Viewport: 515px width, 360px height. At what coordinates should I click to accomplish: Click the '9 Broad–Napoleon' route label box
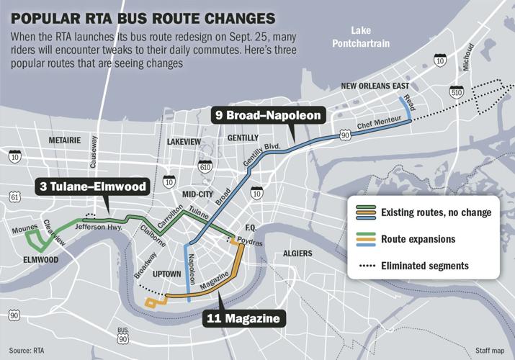click(268, 114)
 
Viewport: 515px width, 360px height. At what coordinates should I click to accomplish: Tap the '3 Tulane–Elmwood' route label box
click(92, 187)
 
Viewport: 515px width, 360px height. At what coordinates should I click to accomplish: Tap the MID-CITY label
click(198, 194)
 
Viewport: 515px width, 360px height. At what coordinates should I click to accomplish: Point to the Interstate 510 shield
click(457, 92)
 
